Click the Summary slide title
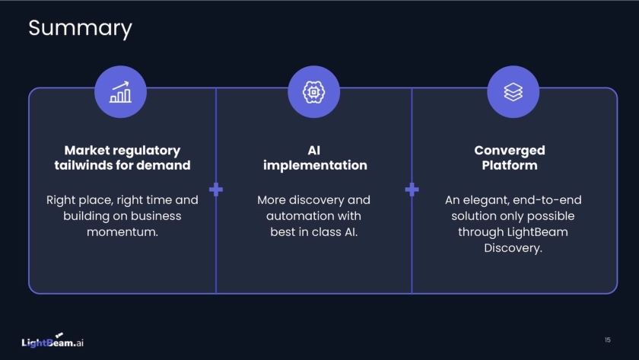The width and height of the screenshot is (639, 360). tap(80, 28)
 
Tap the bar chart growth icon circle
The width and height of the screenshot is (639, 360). tap(120, 92)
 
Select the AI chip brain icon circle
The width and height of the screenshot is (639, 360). tap(313, 92)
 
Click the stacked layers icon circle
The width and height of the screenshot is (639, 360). tap(513, 92)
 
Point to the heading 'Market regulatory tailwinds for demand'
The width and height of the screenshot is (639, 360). tap(122, 158)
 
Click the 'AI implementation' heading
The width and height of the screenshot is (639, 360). tap(314, 158)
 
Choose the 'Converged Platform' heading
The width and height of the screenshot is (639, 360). tap(510, 158)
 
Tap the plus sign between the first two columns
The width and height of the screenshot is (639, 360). tap(216, 190)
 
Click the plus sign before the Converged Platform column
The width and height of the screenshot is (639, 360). tap(412, 190)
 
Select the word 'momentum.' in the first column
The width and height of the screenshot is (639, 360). tap(122, 231)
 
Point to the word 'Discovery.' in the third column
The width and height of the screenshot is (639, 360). tap(513, 248)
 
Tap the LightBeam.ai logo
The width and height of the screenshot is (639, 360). tap(52, 342)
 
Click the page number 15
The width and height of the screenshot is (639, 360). tap(607, 339)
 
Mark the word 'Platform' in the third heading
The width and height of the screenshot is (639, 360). tap(510, 165)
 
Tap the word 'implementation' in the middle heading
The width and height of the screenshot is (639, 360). tap(315, 165)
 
